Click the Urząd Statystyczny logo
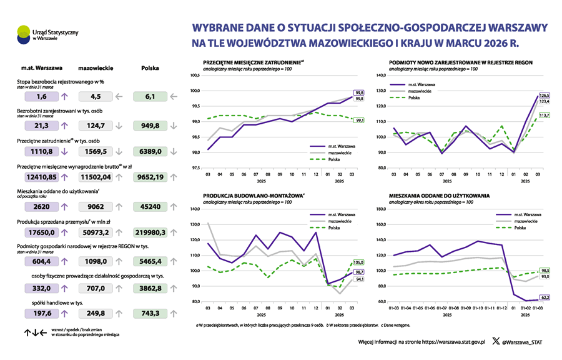click(x=24, y=33)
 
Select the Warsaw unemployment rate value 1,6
click(x=42, y=97)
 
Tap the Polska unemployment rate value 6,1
click(x=149, y=97)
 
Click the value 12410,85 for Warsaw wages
click(x=42, y=177)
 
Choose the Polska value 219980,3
click(x=149, y=232)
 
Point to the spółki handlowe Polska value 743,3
click(x=149, y=313)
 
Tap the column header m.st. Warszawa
click(x=41, y=67)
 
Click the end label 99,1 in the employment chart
click(x=360, y=121)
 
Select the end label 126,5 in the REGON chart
click(x=544, y=95)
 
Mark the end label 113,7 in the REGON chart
click(x=544, y=115)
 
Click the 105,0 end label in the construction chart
click(x=359, y=262)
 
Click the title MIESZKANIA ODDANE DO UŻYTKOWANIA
click(x=439, y=196)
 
